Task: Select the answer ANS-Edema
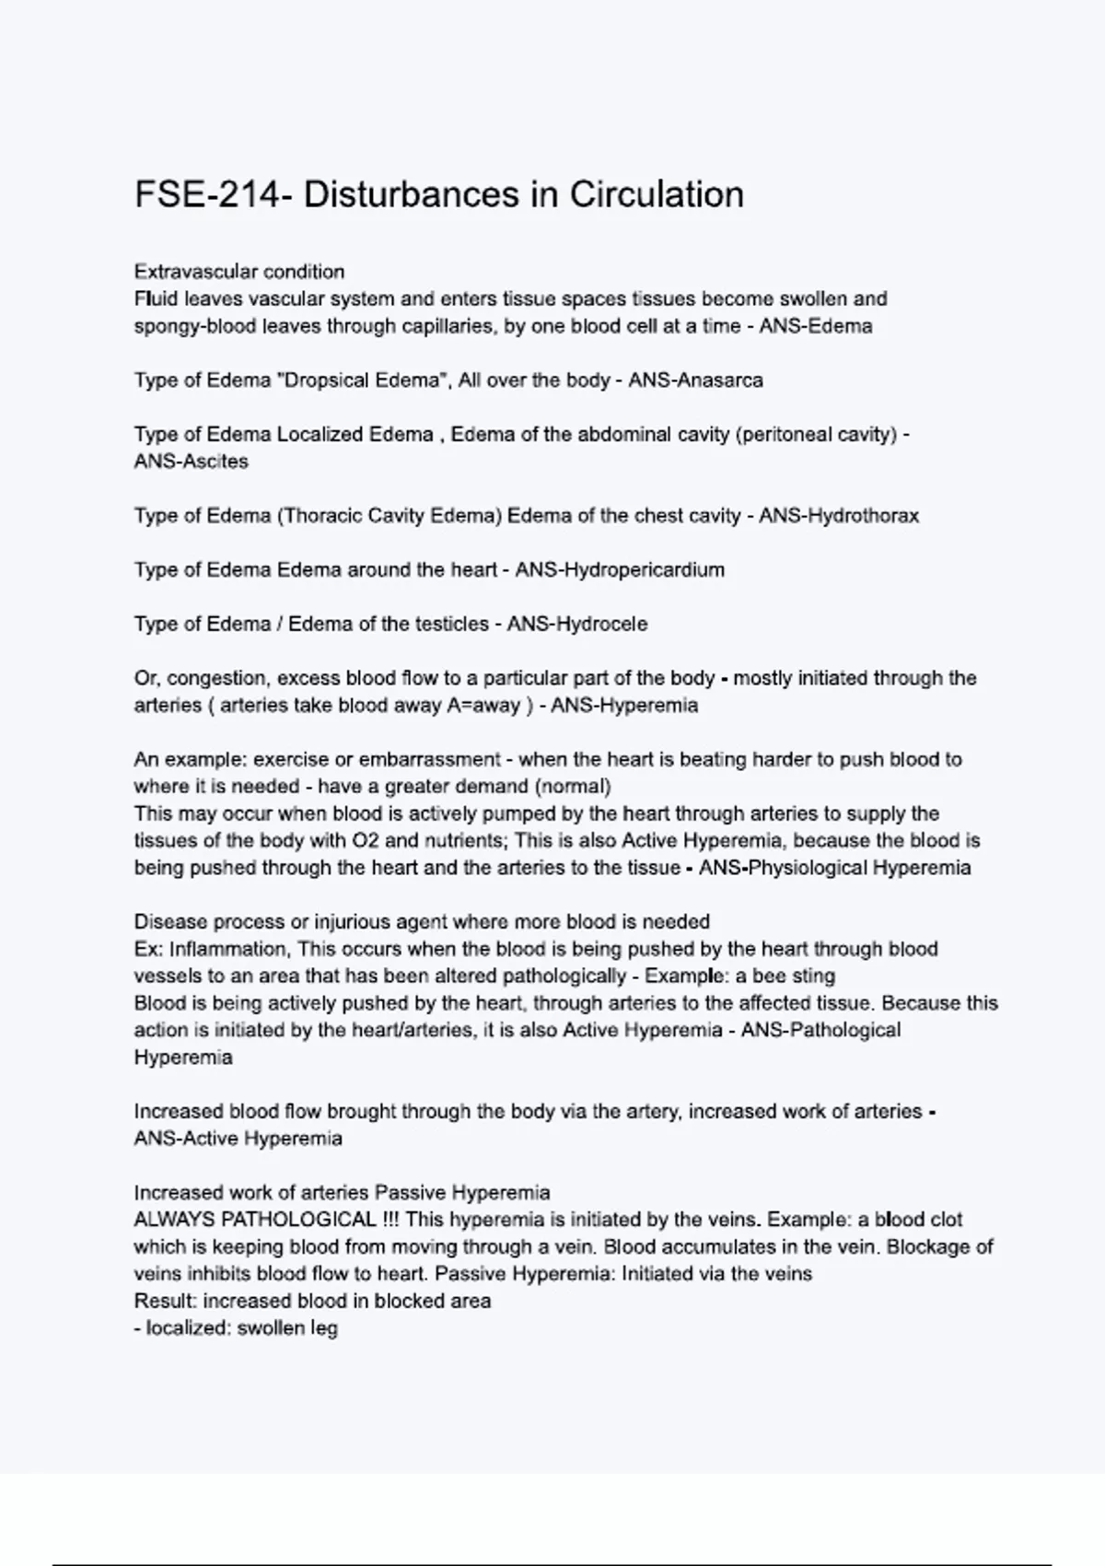coord(815,326)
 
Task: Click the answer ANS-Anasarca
coord(695,380)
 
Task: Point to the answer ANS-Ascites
coord(191,462)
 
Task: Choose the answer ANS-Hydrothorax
coord(838,516)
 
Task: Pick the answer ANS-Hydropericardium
coord(620,570)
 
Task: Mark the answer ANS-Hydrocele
coord(576,625)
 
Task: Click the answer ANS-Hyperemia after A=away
coord(624,706)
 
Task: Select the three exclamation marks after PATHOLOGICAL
coord(390,1220)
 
